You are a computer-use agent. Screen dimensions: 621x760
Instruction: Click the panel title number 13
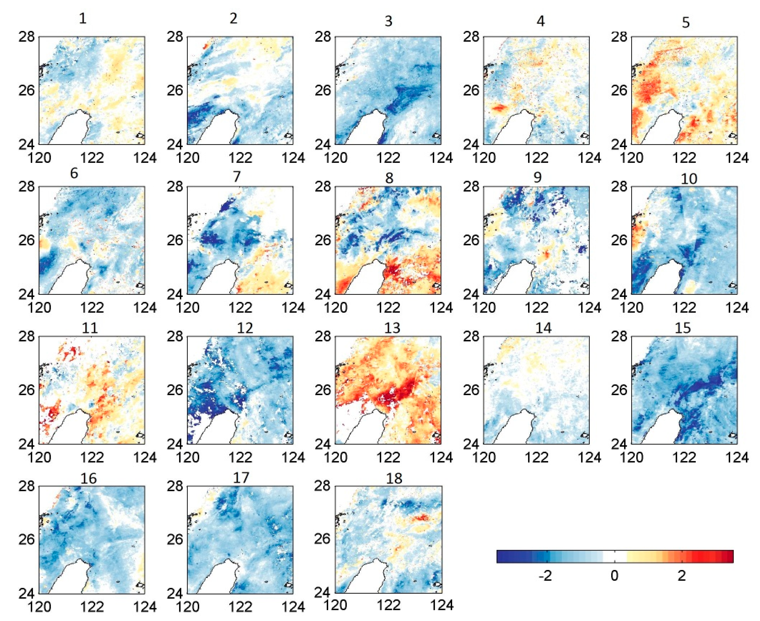(x=392, y=328)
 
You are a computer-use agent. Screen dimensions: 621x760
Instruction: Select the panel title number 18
(x=394, y=478)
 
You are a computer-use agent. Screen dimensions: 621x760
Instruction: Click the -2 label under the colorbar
(x=545, y=576)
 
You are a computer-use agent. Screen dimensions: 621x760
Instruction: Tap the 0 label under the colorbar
(x=614, y=576)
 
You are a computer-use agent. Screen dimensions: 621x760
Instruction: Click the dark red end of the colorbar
(x=729, y=557)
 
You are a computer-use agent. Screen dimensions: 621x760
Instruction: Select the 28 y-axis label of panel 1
(x=27, y=37)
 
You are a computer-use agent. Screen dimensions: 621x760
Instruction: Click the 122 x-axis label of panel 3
(x=388, y=158)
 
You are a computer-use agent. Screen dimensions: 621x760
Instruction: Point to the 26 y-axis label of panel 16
(x=27, y=539)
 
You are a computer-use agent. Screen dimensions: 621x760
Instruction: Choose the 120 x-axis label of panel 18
(x=336, y=605)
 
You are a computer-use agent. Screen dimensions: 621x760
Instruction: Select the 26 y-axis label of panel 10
(x=619, y=240)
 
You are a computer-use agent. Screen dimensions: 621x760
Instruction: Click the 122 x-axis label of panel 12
(x=240, y=457)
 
